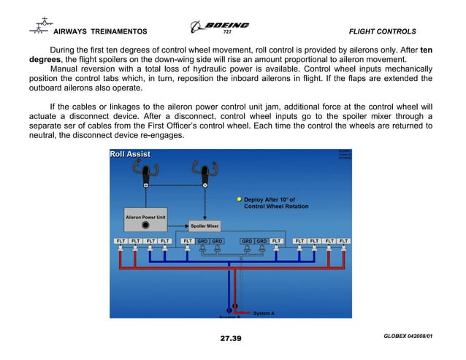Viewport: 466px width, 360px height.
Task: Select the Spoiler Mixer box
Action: [205, 226]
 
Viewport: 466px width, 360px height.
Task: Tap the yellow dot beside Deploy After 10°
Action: [238, 199]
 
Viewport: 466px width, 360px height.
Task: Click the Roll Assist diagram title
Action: [130, 154]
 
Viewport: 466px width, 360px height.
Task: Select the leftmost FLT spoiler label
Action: [121, 240]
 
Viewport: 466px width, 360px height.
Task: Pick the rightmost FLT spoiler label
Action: [344, 240]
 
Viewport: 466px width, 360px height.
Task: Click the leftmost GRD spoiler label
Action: [202, 240]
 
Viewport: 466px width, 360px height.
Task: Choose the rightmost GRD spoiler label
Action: [261, 240]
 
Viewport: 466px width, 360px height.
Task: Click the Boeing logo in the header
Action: [219, 26]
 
